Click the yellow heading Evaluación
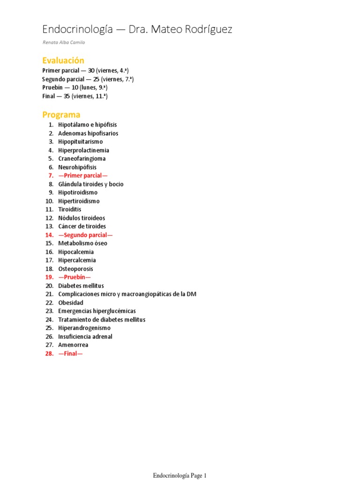coord(63,60)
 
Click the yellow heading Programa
coord(61,115)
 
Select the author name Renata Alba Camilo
coord(63,43)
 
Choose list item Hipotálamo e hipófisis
coord(87,125)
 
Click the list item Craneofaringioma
coord(82,159)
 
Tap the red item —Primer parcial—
coord(82,176)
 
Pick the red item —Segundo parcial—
coord(85,235)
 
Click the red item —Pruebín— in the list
coord(74,277)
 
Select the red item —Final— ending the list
coord(70,353)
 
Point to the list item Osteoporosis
coord(75,269)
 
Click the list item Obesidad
coord(71,303)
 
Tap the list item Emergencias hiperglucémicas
coord(97,311)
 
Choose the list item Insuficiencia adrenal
coord(85,337)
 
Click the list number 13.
coord(49,226)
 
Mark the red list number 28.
coord(49,353)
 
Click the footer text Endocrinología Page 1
coord(180,476)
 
